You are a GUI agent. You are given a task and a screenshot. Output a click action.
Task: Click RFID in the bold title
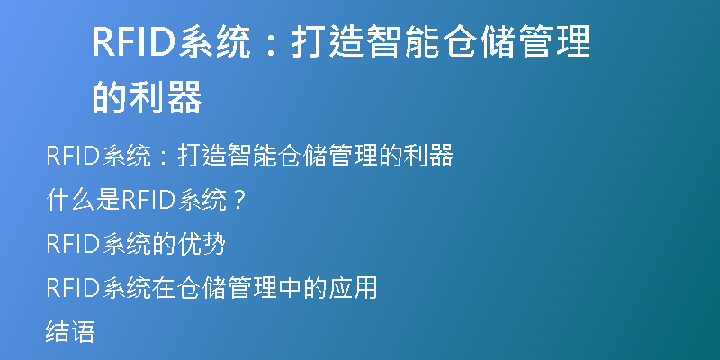pyautogui.click(x=134, y=41)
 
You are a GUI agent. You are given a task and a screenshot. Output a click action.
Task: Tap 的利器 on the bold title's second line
pyautogui.click(x=148, y=97)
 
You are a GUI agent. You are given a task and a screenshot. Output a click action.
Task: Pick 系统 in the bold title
pyautogui.click(x=214, y=41)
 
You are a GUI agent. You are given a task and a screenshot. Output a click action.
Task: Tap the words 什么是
pyautogui.click(x=83, y=201)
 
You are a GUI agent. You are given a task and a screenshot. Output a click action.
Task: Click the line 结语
pyautogui.click(x=70, y=332)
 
